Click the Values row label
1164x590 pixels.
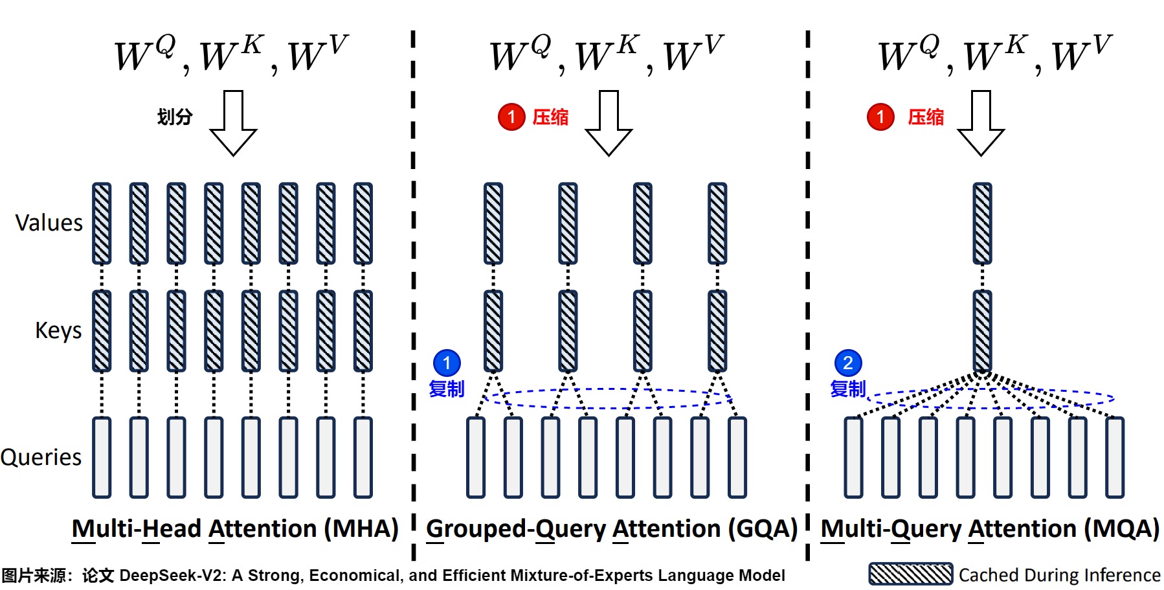(x=49, y=223)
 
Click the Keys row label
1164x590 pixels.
(x=58, y=330)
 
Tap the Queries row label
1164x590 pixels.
(x=41, y=457)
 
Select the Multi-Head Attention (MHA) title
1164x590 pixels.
(x=234, y=528)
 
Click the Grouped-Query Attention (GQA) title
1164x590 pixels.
(x=611, y=528)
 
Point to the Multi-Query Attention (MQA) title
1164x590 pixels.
(x=989, y=528)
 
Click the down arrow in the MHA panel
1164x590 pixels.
(x=233, y=122)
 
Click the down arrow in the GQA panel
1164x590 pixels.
(x=609, y=122)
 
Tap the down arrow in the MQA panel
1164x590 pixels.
(x=981, y=122)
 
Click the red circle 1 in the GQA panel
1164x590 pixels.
(x=511, y=117)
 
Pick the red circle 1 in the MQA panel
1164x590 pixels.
(x=880, y=117)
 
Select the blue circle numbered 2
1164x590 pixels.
(x=848, y=363)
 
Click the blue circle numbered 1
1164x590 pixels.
(x=447, y=363)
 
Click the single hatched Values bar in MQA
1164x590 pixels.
(x=982, y=223)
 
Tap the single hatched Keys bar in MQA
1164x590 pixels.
(x=982, y=331)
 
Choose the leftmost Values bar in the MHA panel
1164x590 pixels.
(x=102, y=223)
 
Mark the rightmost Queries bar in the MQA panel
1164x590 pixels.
(x=1115, y=457)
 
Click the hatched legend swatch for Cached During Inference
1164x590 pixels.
(x=910, y=574)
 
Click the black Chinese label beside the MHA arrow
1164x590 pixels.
(x=175, y=117)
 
